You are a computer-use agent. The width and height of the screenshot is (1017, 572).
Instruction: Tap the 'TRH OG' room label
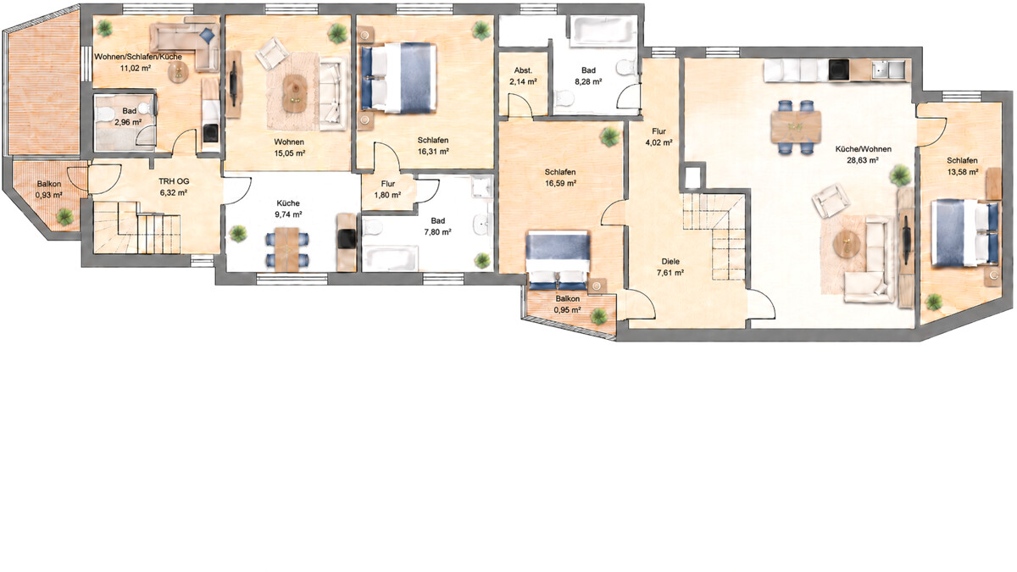[174, 181]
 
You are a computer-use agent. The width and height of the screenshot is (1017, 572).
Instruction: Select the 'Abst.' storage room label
[523, 70]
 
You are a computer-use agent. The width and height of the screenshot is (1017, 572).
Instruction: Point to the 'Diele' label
[670, 262]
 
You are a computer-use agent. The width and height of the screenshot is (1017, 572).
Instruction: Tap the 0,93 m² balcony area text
[49, 195]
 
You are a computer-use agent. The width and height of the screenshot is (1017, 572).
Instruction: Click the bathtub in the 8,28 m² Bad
[603, 31]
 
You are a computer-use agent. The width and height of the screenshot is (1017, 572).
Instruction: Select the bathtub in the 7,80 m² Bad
[391, 258]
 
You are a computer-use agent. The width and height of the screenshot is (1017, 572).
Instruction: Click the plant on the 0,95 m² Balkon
[599, 316]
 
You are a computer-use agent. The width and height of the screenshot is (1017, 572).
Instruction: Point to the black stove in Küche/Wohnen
[838, 70]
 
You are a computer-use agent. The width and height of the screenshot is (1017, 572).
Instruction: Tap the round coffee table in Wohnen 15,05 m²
[295, 93]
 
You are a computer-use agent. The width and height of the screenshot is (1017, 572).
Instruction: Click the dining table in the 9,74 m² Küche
[287, 250]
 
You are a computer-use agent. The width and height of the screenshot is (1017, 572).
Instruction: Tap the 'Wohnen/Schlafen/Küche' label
[138, 57]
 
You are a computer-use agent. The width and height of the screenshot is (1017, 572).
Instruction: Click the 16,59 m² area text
[561, 183]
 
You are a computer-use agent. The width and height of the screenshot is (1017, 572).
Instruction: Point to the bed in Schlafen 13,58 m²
[964, 232]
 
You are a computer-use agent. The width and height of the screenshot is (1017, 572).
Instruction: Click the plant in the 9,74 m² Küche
[238, 234]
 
